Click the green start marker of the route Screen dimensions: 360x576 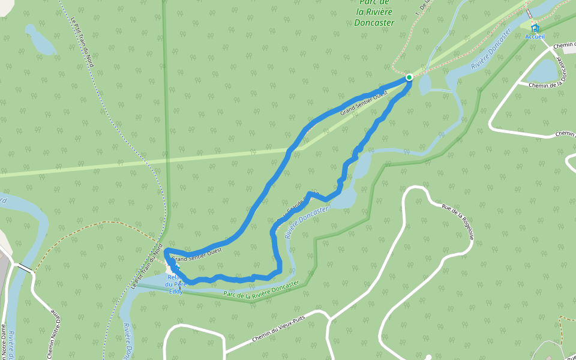[x=409, y=77]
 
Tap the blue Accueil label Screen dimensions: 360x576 [x=535, y=37]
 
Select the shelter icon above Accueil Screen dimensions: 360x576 [x=535, y=28]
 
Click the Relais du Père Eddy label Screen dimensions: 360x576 [x=176, y=284]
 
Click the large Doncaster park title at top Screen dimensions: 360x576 [x=374, y=13]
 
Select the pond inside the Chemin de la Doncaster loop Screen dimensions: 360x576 [x=542, y=71]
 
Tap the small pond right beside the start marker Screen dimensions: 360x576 [x=424, y=85]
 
